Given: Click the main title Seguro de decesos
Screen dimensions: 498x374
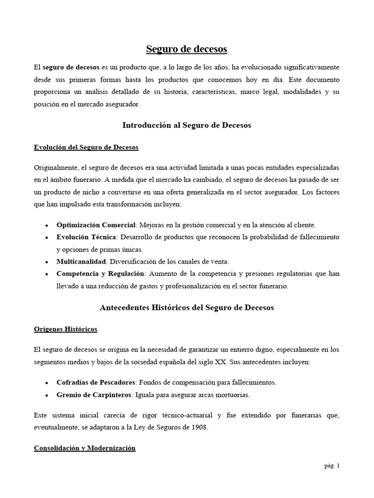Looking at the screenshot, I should coord(187,49).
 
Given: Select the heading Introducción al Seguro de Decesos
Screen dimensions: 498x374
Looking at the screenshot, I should coord(187,125).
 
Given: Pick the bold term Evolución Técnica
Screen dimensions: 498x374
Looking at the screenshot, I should coord(86,237).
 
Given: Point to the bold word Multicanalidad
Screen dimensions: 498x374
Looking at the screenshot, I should coord(80,262).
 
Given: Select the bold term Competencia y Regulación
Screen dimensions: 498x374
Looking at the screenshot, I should coord(100,274).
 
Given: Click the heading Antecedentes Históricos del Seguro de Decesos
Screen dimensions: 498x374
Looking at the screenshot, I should coord(187,307).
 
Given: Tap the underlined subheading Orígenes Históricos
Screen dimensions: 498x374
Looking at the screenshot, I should coord(66,329).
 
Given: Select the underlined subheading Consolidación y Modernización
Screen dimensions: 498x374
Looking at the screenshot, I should coord(85,448).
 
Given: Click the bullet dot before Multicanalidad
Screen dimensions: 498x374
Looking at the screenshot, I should coord(46,262).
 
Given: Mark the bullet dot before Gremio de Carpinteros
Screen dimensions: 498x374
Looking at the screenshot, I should coord(46,395).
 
